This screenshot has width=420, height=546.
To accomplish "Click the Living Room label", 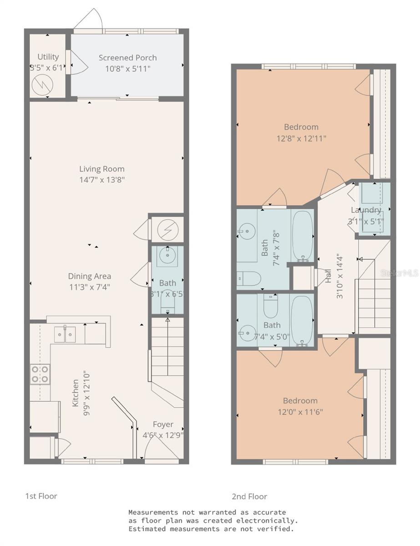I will coord(102,169).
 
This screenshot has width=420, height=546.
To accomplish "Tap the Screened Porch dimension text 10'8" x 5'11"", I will coord(127,68).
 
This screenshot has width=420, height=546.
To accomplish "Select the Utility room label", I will coord(48,57).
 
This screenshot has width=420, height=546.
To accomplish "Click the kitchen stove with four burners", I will coord(40,374).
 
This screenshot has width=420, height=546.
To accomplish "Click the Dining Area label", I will coord(90,276).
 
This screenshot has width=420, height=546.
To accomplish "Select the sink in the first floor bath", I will coord(167,257).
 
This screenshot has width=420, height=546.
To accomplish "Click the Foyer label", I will coord(162,425).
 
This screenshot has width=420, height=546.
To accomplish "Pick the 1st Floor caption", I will coord(41,495).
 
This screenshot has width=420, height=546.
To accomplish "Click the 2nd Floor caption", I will coord(249,496).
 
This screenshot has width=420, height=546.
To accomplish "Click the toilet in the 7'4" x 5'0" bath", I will coord(272,306).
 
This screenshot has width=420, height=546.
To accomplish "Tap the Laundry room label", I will coord(366,210).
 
